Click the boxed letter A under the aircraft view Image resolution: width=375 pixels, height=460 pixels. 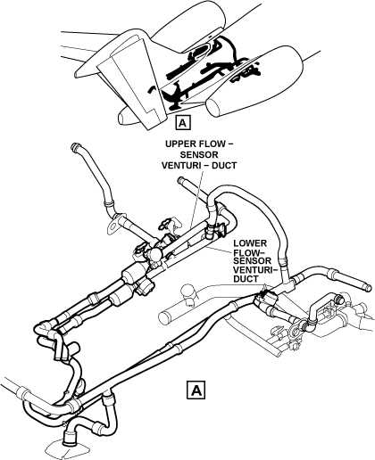coord(183,122)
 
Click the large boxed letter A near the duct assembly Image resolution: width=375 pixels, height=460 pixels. coord(196,390)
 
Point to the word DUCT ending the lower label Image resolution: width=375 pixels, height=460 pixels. coord(246,279)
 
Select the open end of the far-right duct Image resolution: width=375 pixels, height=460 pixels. coord(369,288)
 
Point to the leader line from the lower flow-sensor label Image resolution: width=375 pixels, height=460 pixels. coord(221,249)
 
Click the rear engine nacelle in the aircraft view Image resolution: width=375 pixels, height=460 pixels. coord(190,27)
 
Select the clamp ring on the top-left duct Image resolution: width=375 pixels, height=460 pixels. coord(108,204)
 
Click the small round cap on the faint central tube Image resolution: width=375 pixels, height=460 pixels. coord(187,290)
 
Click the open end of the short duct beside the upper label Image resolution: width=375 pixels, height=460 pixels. coord(179,180)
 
